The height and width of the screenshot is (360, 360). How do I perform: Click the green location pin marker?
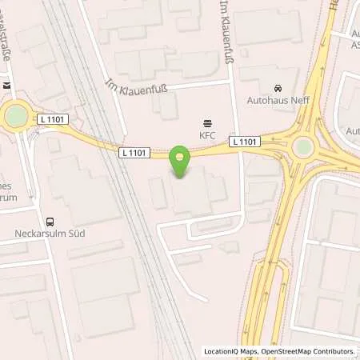pos(182,162)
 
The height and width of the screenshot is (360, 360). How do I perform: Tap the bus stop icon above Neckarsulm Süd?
pos(50,222)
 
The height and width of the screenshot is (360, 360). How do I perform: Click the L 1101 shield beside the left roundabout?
pos(50,119)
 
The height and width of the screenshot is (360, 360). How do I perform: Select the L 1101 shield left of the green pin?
pos(134,152)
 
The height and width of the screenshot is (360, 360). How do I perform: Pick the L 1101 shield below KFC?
pos(244,142)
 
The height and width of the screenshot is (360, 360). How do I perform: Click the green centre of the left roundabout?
pos(16,117)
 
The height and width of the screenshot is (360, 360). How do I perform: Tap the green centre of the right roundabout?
pos(303,146)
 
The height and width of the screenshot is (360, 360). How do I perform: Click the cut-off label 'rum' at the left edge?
pos(8,196)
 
